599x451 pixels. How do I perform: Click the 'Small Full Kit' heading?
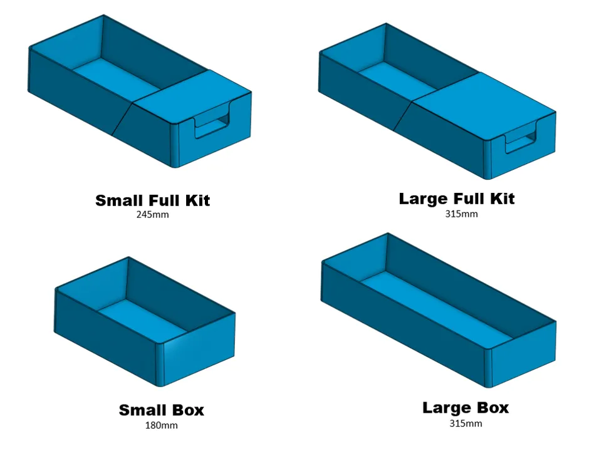click(152, 200)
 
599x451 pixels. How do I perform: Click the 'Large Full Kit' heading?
click(457, 199)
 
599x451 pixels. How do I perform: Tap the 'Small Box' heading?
click(161, 410)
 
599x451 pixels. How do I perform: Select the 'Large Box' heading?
click(466, 408)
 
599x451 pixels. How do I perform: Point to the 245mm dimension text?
click(152, 215)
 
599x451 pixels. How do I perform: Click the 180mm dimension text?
click(161, 425)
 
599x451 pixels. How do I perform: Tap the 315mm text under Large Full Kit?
click(461, 214)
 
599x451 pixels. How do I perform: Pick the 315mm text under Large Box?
click(466, 423)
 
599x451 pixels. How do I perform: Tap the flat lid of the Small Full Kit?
click(192, 96)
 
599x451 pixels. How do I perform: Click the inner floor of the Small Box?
click(143, 316)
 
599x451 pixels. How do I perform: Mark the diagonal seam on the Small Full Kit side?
click(122, 118)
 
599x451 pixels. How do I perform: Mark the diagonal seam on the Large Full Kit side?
click(403, 116)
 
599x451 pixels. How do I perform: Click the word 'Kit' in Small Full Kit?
click(197, 200)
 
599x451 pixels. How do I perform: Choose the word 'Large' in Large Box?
click(444, 408)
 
